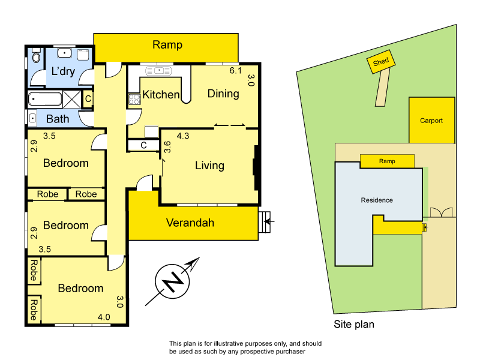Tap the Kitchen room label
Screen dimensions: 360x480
click(x=160, y=95)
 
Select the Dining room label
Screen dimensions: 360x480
click(x=223, y=94)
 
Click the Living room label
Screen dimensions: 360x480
click(x=209, y=166)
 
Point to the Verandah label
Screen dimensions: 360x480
click(x=190, y=223)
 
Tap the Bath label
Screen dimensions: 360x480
click(x=58, y=119)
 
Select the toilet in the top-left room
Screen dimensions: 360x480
click(x=35, y=58)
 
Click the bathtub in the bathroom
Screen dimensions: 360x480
click(x=45, y=98)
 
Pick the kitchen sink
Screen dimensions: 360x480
click(x=158, y=71)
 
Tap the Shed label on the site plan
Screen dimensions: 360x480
click(x=381, y=62)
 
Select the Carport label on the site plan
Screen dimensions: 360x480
click(x=431, y=121)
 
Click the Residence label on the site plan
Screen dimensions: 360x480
click(x=376, y=200)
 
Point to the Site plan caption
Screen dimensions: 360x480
click(x=354, y=325)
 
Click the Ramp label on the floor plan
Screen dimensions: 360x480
click(x=167, y=45)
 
